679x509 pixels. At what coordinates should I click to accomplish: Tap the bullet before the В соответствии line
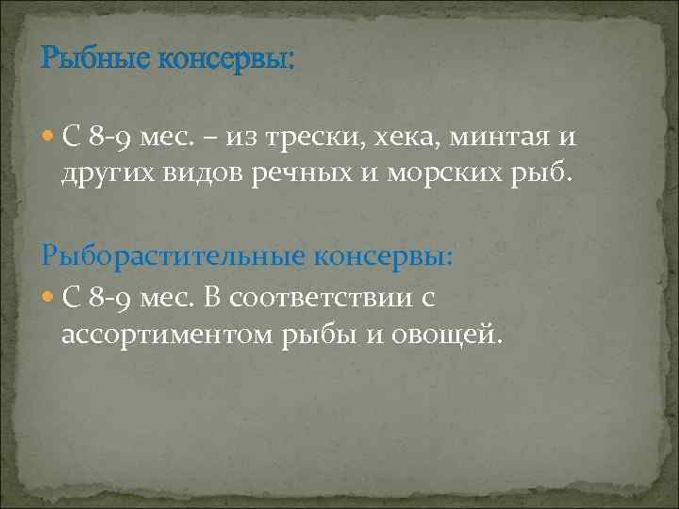[49, 299]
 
